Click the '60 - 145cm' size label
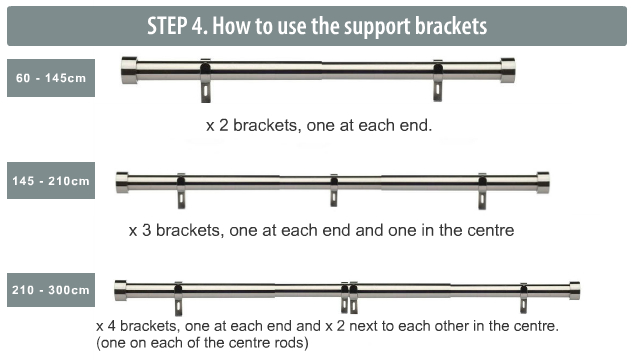(x=50, y=78)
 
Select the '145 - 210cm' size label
(x=50, y=181)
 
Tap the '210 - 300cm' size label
(x=50, y=291)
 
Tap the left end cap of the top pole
(x=128, y=70)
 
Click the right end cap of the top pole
(x=508, y=70)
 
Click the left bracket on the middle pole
(x=182, y=190)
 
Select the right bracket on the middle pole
(x=482, y=190)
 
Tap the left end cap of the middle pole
(x=122, y=182)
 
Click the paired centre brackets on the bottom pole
(x=348, y=298)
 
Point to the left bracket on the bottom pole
(x=178, y=298)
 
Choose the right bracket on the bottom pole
(x=523, y=298)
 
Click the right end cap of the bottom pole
(x=574, y=290)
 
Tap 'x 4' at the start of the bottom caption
(x=108, y=327)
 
